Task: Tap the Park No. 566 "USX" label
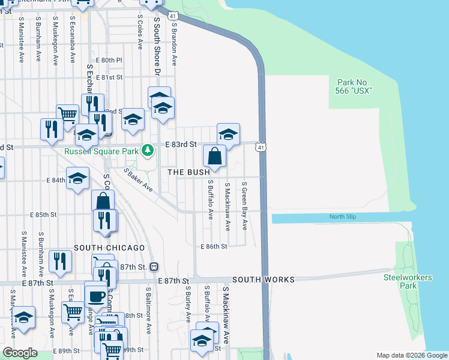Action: (x=354, y=86)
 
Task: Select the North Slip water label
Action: (x=343, y=217)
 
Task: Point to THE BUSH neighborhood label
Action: (x=188, y=172)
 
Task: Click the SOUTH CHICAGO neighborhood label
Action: (x=109, y=248)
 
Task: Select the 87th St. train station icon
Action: (x=154, y=266)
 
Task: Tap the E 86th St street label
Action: (x=214, y=247)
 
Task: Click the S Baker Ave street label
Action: (x=139, y=180)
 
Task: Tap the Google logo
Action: (x=20, y=352)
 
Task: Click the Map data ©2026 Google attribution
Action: (x=411, y=355)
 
